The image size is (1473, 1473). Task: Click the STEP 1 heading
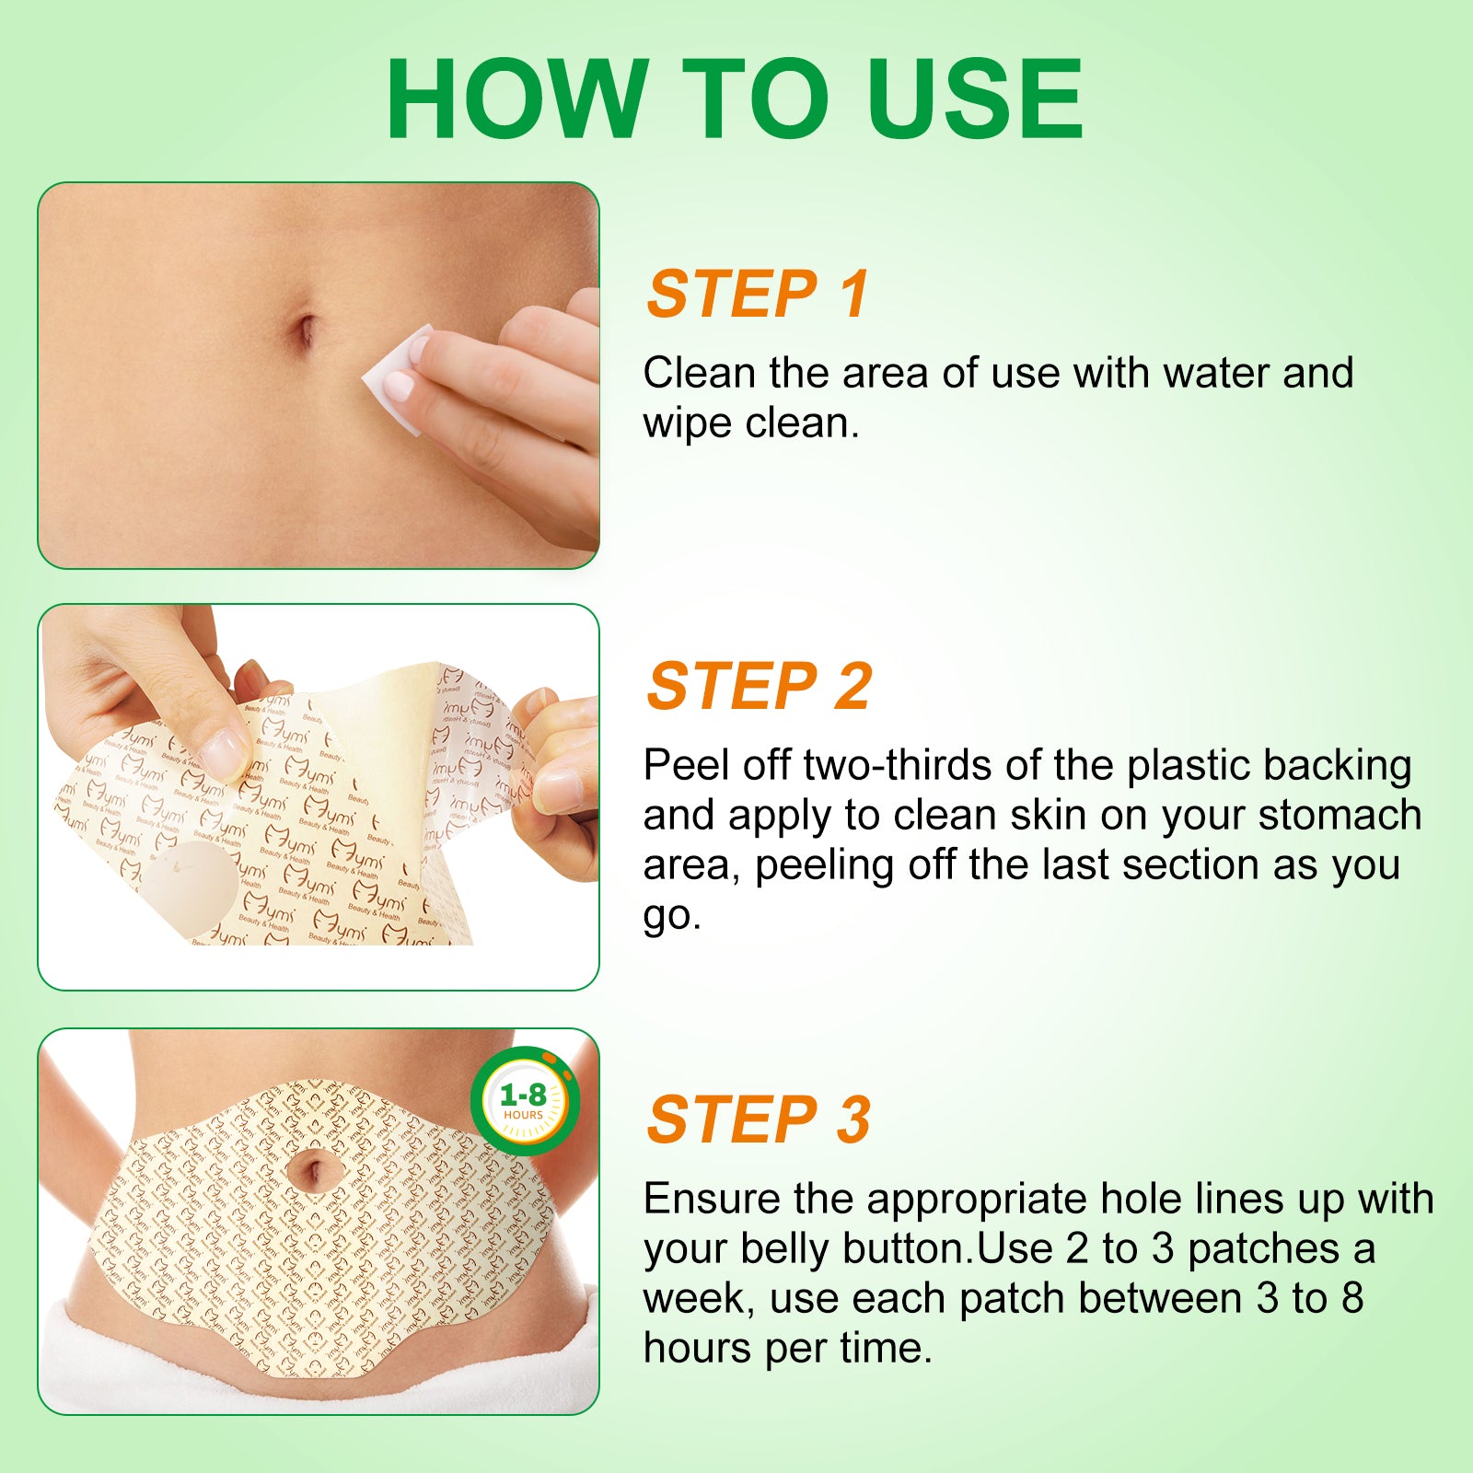758,295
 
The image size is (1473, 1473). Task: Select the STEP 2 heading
759,687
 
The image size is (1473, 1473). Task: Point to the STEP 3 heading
759,1120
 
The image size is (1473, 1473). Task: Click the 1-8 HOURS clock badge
524,1100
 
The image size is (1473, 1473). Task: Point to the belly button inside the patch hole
311,1172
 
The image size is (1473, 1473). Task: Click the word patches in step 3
1263,1249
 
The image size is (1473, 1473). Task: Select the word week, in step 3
699,1299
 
